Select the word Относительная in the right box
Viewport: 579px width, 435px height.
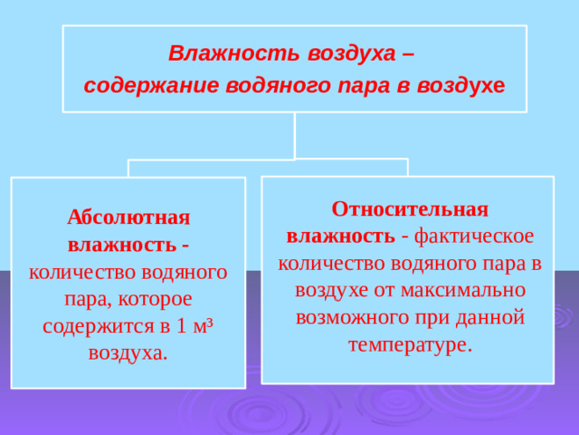[410, 208]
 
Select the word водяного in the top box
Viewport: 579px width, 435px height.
[299, 86]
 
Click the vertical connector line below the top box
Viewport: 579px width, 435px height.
[295, 136]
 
